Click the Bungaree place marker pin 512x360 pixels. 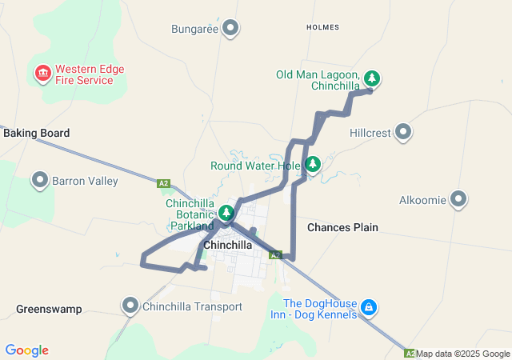pos(231,28)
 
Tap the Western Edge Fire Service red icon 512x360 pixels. pos(42,74)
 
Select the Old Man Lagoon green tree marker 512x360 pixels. pos(371,78)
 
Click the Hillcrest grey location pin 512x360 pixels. pos(403,131)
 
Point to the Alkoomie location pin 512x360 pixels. pos(458,198)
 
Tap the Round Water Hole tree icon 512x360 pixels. pos(313,164)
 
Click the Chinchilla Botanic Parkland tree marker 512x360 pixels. pos(226,212)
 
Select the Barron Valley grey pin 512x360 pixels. pos(40,180)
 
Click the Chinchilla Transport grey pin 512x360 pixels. pos(130,305)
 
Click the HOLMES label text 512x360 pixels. pos(322,27)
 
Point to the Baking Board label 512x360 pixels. pos(36,133)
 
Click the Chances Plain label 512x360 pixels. pos(342,227)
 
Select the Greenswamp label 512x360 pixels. pos(49,308)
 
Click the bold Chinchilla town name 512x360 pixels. pos(228,245)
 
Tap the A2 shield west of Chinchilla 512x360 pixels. pos(164,184)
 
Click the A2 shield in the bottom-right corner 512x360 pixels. pos(410,353)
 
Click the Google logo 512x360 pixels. pos(26,350)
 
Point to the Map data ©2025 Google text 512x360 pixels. pos(462,354)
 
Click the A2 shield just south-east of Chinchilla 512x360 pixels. pos(275,255)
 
